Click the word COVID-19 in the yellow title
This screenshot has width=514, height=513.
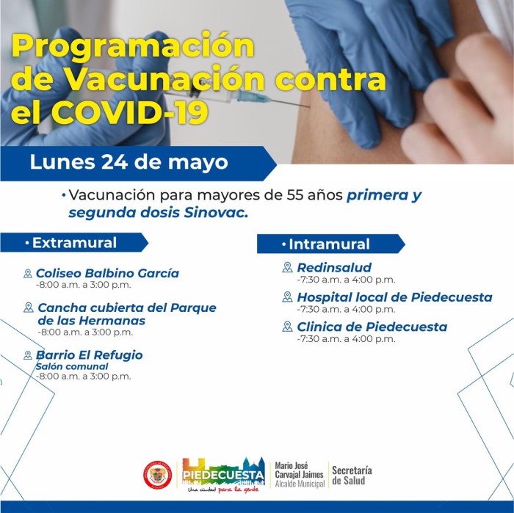pos(130,113)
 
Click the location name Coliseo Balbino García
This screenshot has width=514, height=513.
pos(107,273)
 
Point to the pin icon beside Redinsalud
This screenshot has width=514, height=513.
pos(287,267)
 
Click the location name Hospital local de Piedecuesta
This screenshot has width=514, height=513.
pos(395,297)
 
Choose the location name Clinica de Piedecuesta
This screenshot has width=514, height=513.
pos(372,327)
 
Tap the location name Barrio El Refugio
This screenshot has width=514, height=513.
pos(89,354)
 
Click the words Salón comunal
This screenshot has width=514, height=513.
pos(72,366)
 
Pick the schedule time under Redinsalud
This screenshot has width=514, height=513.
pos(346,280)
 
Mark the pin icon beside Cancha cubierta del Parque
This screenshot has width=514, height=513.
pos(29,308)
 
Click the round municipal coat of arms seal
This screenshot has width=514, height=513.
pos(158,475)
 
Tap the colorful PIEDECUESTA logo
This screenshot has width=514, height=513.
pos(223,475)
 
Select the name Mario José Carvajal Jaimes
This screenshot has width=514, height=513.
pos(299,470)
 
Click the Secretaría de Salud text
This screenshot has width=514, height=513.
pos(352,476)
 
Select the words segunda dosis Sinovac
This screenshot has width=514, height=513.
pos(158,213)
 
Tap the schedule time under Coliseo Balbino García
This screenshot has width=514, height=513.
pos(83,285)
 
